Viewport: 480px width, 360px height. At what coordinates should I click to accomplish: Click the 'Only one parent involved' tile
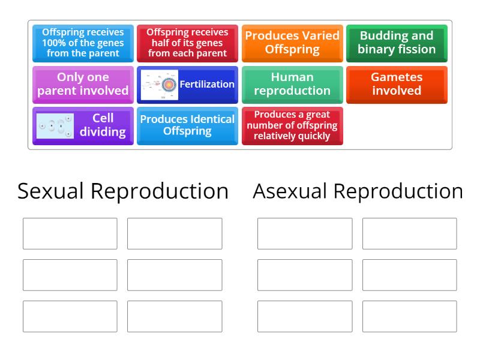(x=83, y=85)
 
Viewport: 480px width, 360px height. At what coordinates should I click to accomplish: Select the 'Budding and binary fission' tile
(x=397, y=43)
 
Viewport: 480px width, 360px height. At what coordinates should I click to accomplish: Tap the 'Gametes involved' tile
(x=397, y=85)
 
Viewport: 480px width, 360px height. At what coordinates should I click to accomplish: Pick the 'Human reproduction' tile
(x=292, y=85)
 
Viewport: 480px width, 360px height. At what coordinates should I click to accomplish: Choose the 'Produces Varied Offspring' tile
(x=292, y=43)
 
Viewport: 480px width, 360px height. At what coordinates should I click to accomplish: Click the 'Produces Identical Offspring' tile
(x=187, y=125)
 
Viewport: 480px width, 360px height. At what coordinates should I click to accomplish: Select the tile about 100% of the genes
(x=83, y=43)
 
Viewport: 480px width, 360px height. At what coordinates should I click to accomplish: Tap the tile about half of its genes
(x=187, y=43)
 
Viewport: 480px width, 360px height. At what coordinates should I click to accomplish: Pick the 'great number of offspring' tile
(x=292, y=125)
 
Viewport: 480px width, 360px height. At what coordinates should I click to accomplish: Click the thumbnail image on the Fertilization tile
(x=160, y=85)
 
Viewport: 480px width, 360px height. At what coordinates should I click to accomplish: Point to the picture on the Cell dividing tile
(x=55, y=126)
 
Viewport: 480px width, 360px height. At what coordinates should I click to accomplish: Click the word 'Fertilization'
(x=207, y=85)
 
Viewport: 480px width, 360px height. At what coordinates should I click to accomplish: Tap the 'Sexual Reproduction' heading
(x=123, y=191)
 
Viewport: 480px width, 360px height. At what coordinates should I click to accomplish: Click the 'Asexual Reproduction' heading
(x=358, y=191)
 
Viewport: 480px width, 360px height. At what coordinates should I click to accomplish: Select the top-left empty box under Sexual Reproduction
(x=70, y=233)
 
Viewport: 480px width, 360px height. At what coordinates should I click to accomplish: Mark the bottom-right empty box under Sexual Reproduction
(x=175, y=316)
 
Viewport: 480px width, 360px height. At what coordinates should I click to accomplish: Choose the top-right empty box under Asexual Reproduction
(x=409, y=233)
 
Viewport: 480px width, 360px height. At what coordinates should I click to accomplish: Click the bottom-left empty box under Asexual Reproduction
(x=305, y=316)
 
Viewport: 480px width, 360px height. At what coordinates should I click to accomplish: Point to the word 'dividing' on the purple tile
(x=103, y=132)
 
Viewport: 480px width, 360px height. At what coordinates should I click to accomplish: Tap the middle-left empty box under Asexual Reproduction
(x=305, y=275)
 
